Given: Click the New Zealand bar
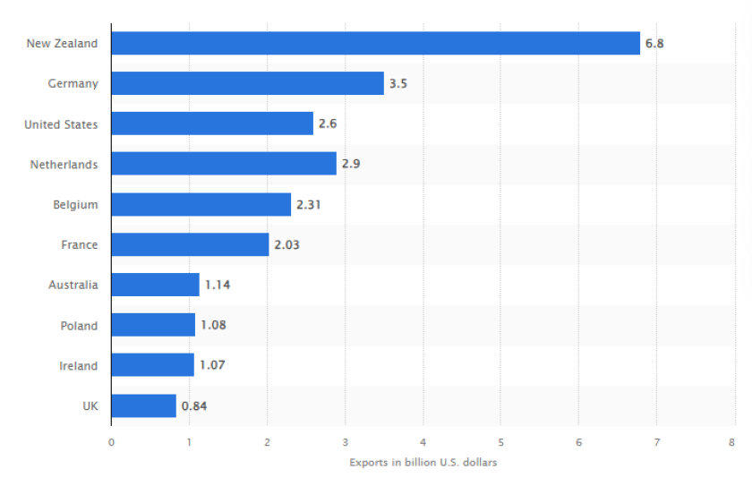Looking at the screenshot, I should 376,43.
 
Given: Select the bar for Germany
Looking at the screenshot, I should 247,83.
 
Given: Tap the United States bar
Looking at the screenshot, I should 212,124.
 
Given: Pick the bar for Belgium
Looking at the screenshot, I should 201,204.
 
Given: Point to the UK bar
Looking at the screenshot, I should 143,405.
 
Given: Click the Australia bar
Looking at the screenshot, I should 155,285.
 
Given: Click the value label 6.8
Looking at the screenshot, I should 655,43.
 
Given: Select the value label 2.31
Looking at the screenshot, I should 309,204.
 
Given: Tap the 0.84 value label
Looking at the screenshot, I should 194,405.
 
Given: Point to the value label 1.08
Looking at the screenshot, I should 213,325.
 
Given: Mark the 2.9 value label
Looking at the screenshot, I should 351,164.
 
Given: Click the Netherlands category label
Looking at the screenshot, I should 64,165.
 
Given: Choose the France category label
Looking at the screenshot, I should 80,245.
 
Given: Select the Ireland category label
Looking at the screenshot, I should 78,366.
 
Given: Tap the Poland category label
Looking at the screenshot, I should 79,326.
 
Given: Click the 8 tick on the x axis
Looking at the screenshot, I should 732,442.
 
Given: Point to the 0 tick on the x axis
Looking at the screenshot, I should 111,442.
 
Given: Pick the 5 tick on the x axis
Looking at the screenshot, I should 500,442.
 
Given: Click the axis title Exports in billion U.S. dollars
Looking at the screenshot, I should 423,463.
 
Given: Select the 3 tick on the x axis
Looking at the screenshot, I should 345,442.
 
